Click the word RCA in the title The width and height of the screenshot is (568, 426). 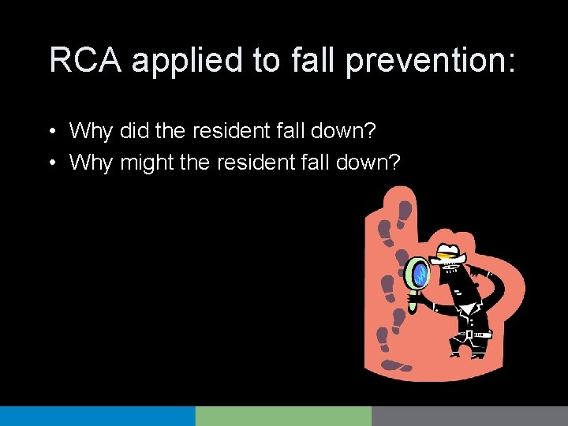tap(85, 61)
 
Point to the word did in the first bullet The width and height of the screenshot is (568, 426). tap(135, 129)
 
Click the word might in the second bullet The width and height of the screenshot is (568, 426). tap(148, 163)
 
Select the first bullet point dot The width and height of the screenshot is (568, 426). tap(50, 131)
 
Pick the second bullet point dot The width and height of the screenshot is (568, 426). tap(50, 163)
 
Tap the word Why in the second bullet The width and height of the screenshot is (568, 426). tap(92, 163)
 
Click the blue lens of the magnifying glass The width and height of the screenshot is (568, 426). tap(417, 274)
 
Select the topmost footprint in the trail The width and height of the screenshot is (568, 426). tap(405, 211)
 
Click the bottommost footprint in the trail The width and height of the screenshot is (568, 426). tap(394, 364)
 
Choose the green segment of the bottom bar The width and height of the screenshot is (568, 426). tap(283, 416)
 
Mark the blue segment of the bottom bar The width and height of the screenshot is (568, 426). tap(97, 416)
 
